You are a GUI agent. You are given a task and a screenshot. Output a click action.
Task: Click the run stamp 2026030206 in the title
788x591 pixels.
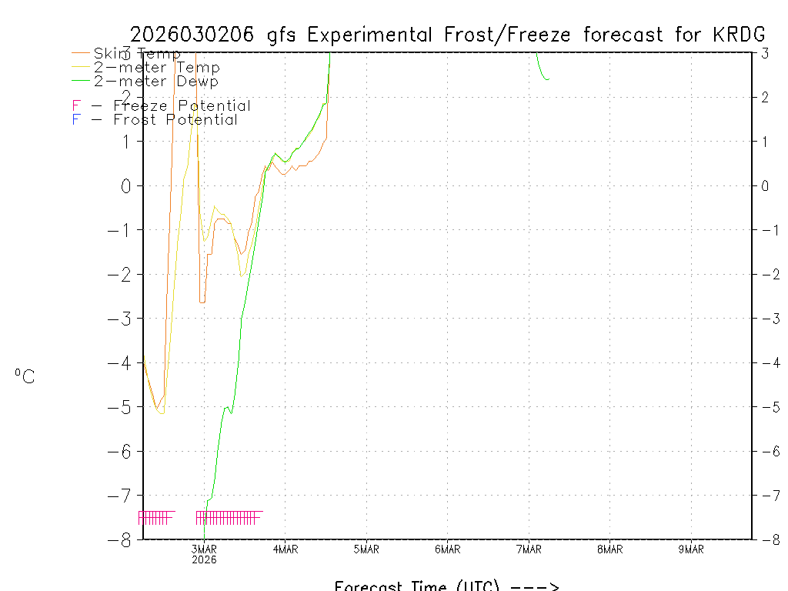[195, 35]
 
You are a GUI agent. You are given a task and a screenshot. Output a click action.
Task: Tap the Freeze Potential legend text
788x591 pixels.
[182, 106]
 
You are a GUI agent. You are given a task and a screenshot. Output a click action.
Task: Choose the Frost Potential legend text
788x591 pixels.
[175, 120]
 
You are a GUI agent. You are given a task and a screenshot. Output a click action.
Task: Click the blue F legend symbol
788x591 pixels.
[75, 120]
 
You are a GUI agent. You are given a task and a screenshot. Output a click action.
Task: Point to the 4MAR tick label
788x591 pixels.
[285, 549]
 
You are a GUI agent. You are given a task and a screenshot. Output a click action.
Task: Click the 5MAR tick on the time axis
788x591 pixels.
[366, 549]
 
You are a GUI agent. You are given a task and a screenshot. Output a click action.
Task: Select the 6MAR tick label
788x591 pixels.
[447, 549]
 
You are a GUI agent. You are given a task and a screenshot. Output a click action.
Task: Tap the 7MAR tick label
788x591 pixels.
[529, 549]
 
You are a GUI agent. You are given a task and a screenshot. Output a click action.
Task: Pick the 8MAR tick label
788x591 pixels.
[609, 549]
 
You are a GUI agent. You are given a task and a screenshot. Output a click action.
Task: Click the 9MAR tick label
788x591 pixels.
[691, 549]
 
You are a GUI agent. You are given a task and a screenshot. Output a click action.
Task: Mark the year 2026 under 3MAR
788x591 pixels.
[204, 560]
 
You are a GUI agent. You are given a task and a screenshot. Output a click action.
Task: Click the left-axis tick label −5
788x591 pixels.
[121, 407]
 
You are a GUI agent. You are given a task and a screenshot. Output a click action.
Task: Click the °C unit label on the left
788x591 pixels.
[25, 377]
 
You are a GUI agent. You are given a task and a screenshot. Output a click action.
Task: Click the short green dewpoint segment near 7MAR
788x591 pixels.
[541, 70]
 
